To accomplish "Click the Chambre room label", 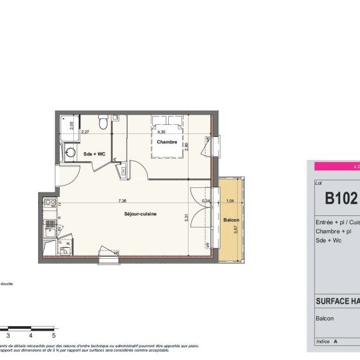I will (167, 142).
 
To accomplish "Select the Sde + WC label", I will (94, 154).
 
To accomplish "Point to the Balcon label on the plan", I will (231, 220).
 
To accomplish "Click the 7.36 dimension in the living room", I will (122, 201).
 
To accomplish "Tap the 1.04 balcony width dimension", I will (229, 201).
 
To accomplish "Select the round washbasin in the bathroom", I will (69, 152).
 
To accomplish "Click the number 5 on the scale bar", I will (54, 335).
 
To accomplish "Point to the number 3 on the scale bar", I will (8, 335).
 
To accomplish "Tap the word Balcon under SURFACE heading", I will (325, 317).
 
